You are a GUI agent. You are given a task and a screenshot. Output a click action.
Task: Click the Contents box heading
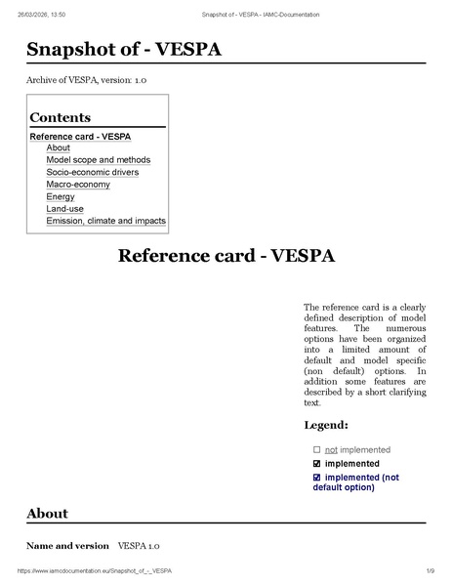tap(60, 117)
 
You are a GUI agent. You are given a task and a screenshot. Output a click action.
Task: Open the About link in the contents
tap(58, 147)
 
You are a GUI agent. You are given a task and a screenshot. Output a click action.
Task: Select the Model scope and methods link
tap(98, 160)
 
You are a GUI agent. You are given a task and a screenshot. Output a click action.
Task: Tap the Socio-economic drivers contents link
tap(92, 172)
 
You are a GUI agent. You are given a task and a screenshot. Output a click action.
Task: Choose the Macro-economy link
tap(77, 185)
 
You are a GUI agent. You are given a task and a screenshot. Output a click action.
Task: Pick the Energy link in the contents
tap(60, 196)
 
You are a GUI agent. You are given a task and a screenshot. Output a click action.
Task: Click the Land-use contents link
tap(64, 209)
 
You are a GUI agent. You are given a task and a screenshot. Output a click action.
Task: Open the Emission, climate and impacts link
tap(105, 221)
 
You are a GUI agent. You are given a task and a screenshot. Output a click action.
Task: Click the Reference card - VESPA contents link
tap(80, 136)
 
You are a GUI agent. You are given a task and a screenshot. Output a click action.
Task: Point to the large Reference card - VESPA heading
tap(226, 256)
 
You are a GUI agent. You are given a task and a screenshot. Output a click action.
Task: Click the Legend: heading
tap(326, 425)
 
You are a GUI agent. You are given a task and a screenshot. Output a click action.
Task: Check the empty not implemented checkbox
tap(317, 449)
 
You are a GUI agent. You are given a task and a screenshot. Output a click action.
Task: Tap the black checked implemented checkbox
tap(317, 463)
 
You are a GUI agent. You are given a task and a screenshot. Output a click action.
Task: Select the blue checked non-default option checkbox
tap(317, 478)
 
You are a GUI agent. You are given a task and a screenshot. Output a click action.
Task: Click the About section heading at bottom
tap(47, 513)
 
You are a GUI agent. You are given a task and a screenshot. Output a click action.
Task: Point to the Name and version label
tap(67, 546)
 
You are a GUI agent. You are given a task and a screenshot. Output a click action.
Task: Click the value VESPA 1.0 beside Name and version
tap(139, 546)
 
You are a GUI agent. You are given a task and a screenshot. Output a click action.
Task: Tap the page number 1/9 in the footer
tap(430, 569)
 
